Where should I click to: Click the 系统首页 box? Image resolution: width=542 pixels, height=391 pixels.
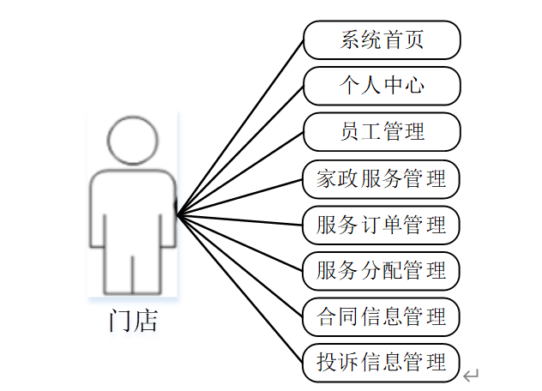tap(382, 40)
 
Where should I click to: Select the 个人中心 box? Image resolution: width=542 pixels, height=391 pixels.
tap(382, 86)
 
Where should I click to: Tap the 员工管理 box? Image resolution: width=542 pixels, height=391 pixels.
tap(382, 132)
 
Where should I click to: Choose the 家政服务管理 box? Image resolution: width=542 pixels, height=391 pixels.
tap(382, 178)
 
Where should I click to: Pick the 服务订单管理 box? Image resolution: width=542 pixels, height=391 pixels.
tap(382, 225)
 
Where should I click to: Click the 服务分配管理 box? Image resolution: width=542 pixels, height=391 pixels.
tap(382, 271)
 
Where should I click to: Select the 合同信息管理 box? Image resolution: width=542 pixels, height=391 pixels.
tap(382, 317)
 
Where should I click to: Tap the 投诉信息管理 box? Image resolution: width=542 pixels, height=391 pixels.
tap(382, 363)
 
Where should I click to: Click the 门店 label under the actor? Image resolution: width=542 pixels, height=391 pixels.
tap(133, 322)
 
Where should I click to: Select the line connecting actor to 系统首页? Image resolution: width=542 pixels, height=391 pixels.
tap(240, 128)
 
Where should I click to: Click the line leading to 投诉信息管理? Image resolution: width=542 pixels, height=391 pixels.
tap(240, 287)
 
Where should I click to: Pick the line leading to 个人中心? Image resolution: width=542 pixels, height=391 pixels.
tap(240, 150)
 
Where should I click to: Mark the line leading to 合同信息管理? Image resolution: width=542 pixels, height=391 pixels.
tap(240, 265)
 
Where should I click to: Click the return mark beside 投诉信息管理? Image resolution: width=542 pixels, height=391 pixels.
tap(470, 376)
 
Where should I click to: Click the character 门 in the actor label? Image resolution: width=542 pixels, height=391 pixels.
tap(120, 322)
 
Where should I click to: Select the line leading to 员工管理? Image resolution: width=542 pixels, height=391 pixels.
tap(240, 173)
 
